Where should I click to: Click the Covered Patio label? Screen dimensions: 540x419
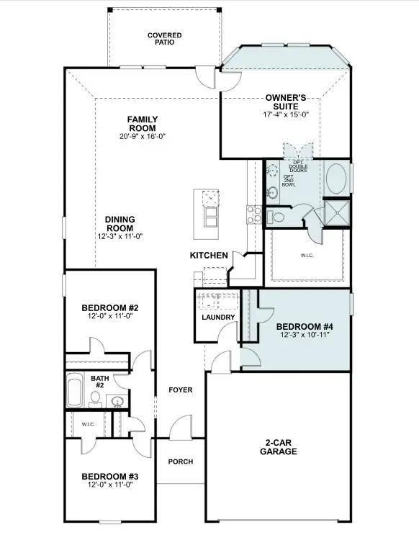point(164,38)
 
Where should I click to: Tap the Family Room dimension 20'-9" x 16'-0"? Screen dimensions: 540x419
point(143,137)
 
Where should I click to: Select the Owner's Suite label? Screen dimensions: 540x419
point(287,102)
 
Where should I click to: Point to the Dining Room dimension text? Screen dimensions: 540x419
point(120,236)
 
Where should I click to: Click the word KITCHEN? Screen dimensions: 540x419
point(209,256)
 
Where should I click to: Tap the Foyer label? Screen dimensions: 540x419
point(180,390)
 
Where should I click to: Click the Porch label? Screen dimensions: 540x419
point(180,462)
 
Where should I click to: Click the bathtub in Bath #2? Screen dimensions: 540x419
point(75,391)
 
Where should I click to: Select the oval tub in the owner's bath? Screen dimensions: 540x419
point(335,179)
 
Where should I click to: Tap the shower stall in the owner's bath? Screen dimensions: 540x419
point(336,212)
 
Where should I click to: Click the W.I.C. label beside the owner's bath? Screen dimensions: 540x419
point(307,255)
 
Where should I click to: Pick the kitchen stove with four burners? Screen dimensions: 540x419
point(254,212)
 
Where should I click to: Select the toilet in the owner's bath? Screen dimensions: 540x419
point(276,216)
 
